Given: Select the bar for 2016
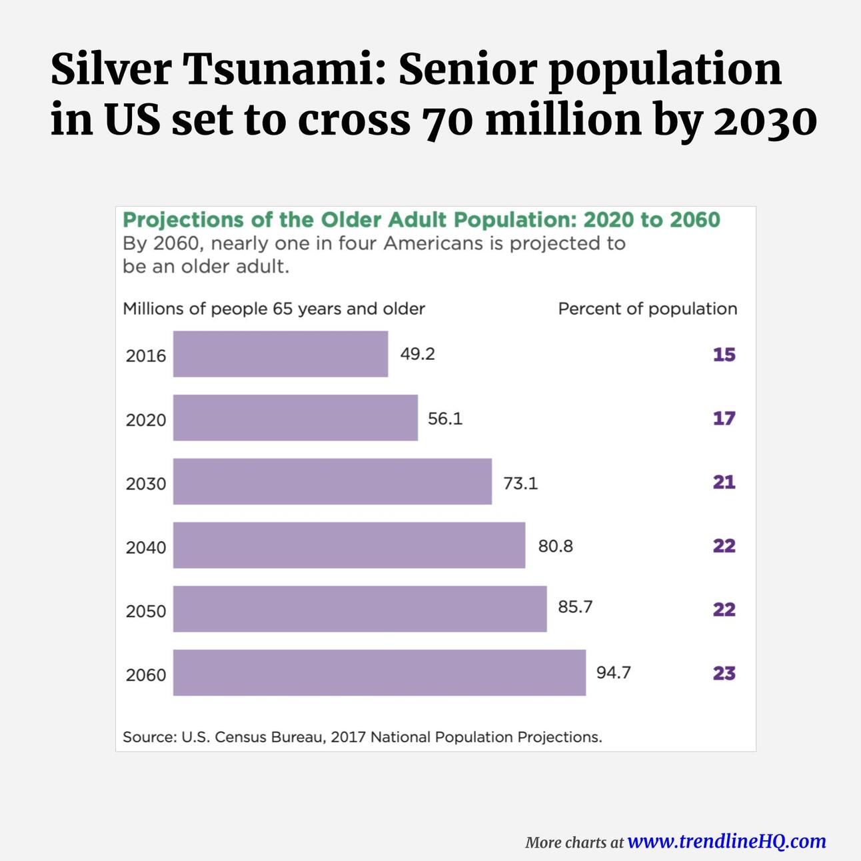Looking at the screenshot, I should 280,354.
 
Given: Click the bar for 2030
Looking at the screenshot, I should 332,481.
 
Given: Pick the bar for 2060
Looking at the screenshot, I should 379,672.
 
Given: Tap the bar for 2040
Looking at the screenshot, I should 349,545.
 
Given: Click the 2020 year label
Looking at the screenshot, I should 146,420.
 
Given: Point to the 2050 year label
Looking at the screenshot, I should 146,611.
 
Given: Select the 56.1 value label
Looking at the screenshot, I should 445,419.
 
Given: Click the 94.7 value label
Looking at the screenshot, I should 613,672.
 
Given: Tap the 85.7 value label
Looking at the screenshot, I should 575,607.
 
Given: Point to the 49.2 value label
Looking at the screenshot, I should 417,354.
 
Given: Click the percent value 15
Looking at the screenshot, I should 724,355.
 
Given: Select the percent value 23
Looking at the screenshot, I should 724,673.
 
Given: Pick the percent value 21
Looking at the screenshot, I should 724,482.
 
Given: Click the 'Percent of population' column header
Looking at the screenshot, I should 647,309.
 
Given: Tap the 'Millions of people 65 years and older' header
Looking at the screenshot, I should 274,309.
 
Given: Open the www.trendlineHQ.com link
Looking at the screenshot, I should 726,841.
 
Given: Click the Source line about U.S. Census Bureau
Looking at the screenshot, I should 362,737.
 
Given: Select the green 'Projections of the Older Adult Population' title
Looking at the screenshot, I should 421,220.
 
